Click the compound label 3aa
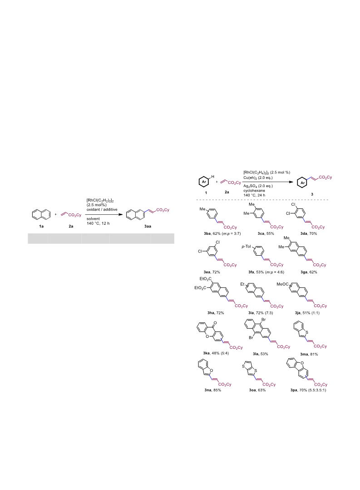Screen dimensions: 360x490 click(148, 226)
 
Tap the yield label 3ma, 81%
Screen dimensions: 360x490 click(309, 354)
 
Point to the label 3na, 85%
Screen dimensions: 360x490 click(212, 390)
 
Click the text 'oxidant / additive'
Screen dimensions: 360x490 click(102, 209)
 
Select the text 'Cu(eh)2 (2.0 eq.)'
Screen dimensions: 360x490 click(258, 178)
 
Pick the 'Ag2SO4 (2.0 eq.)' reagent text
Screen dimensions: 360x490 click(258, 186)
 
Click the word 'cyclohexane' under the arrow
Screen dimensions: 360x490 click(254, 190)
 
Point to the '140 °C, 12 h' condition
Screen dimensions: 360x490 click(98, 223)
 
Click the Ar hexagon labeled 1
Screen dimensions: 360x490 click(204, 182)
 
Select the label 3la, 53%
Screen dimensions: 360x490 click(260, 354)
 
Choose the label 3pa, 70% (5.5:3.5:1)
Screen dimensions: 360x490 click(308, 390)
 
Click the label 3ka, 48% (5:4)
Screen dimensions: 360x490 click(216, 353)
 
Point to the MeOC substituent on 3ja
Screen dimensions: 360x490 click(282, 284)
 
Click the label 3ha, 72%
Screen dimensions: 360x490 click(216, 312)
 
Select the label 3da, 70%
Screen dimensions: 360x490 click(309, 233)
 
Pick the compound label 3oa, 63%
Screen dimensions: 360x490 click(257, 390)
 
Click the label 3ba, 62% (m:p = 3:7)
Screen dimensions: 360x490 click(222, 233)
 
